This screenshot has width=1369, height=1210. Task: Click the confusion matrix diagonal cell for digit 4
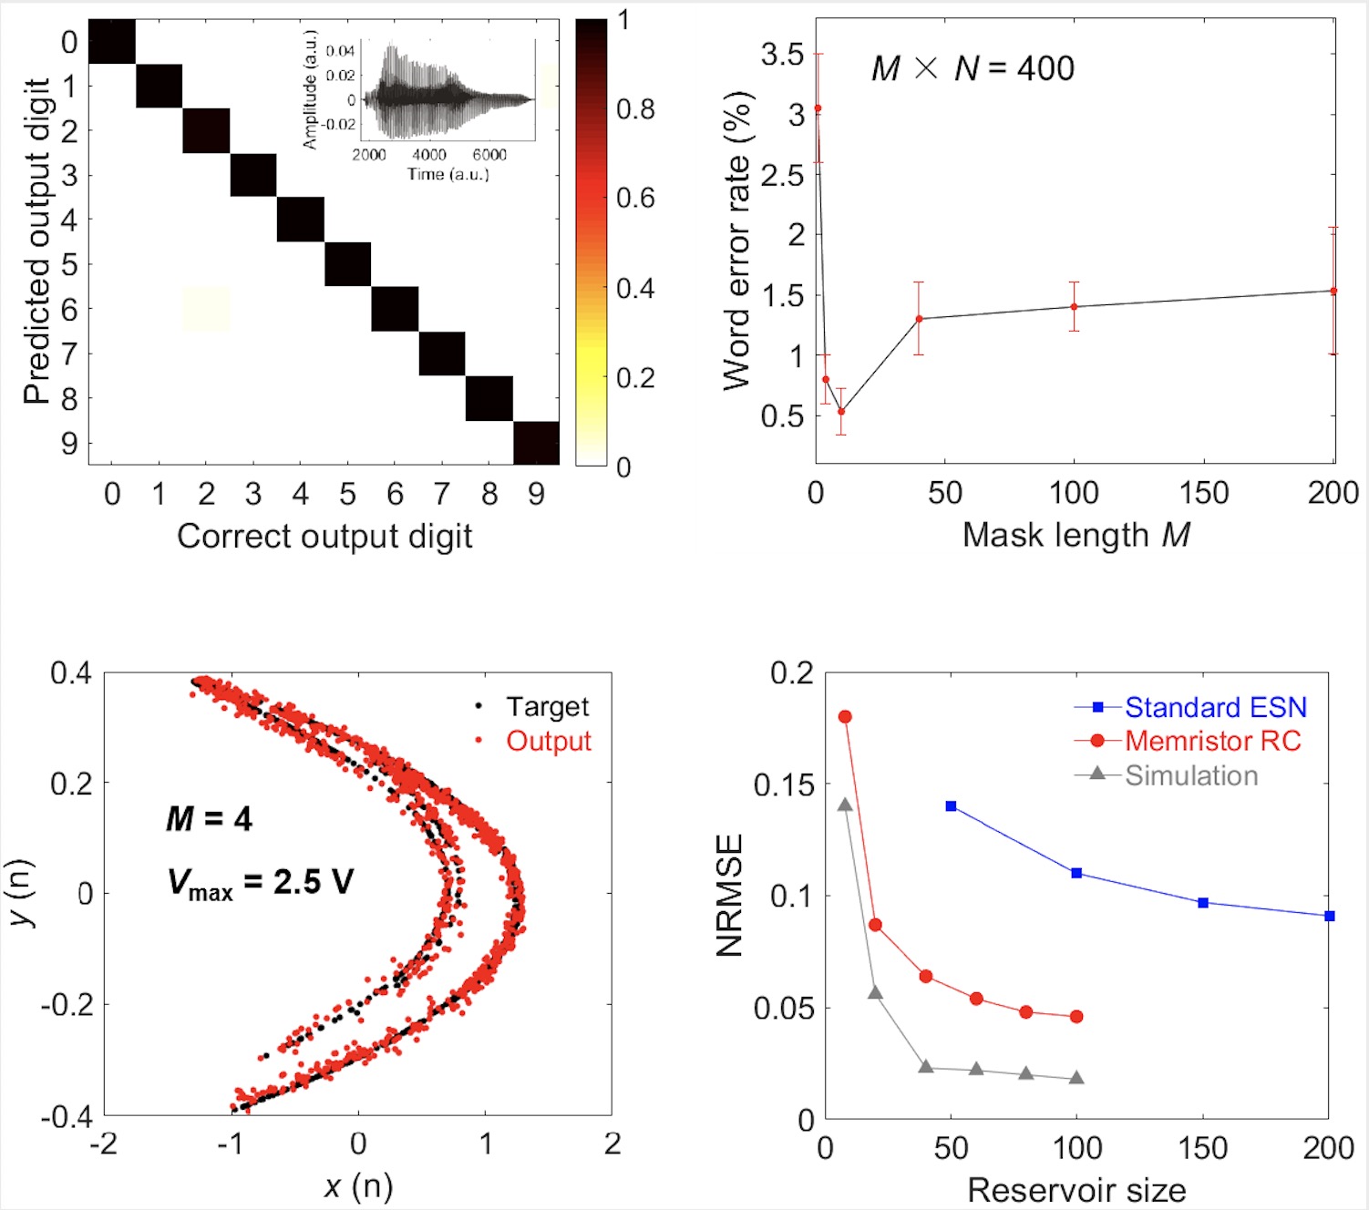point(301,220)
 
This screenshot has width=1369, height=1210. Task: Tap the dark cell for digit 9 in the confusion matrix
point(536,443)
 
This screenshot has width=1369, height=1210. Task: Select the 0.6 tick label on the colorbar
point(635,198)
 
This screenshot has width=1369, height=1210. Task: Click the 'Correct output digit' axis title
point(324,537)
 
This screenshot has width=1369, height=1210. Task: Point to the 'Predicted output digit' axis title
point(36,241)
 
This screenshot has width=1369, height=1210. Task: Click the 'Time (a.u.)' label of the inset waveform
point(448,174)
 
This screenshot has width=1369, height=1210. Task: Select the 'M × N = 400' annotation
point(973,68)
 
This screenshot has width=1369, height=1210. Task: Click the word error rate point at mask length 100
point(1075,307)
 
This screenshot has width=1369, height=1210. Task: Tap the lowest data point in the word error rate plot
point(841,412)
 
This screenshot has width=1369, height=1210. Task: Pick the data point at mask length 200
point(1333,292)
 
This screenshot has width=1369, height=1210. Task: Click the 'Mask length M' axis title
point(1076,535)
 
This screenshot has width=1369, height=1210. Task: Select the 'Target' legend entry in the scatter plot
point(547,707)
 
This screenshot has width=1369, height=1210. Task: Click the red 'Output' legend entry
point(548,742)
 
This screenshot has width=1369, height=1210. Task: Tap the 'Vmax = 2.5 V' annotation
point(260,882)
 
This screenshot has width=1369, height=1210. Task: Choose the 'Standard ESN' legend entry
point(1215,707)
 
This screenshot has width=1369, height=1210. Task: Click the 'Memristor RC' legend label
point(1212,742)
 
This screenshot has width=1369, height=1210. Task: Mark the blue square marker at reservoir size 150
point(1203,903)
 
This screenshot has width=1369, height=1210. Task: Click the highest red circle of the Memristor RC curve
point(845,717)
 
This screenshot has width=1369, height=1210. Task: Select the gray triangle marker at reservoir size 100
point(1076,1078)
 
